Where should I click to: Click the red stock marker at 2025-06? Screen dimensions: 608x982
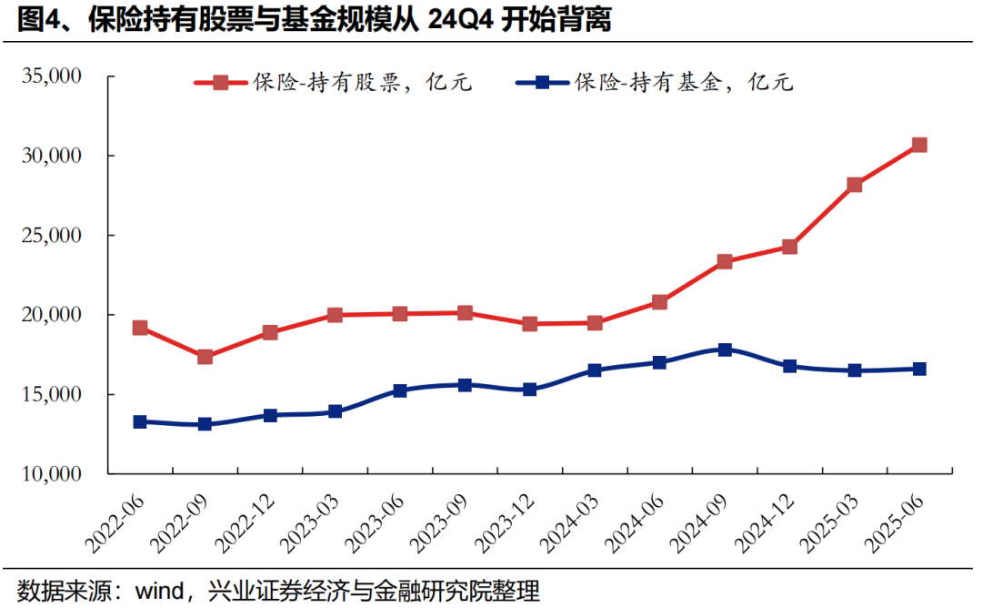(x=919, y=145)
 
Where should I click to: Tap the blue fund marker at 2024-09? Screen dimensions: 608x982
(x=725, y=350)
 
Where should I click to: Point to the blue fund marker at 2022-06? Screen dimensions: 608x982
(x=140, y=421)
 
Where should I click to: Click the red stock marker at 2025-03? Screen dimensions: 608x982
(x=855, y=185)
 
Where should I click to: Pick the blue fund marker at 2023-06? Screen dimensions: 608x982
(x=400, y=390)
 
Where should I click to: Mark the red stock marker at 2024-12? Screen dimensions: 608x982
(x=789, y=247)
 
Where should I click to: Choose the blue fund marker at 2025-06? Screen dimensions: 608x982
(x=919, y=369)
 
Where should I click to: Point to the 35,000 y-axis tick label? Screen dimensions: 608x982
(x=51, y=76)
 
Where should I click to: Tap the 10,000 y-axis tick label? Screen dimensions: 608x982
(x=51, y=474)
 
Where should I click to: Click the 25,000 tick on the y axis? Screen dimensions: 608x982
(x=51, y=236)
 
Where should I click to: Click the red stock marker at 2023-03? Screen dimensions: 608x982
(x=335, y=315)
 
